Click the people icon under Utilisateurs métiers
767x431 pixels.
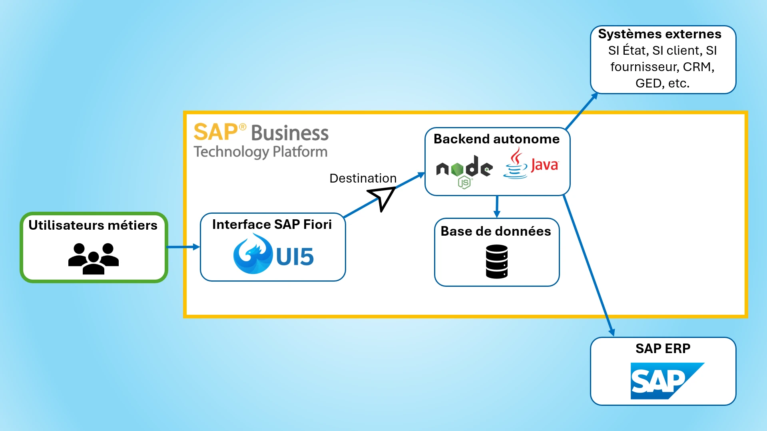coord(94,258)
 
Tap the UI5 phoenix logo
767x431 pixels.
coord(253,254)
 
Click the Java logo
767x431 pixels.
coord(531,164)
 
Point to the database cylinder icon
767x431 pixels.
coord(497,262)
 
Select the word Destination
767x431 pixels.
coord(363,178)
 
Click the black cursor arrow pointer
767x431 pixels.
coord(383,197)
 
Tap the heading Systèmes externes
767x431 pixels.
coord(659,34)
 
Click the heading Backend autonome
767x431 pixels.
coord(496,139)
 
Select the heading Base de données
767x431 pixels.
coord(496,231)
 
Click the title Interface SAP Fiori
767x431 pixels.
coord(272,224)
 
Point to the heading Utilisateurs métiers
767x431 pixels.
coord(93,225)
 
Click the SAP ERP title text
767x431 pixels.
coord(663,348)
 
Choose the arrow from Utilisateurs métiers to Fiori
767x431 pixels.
coord(183,247)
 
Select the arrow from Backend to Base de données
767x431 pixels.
coord(497,207)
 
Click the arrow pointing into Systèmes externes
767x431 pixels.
coord(582,111)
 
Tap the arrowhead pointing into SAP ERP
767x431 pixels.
coord(612,332)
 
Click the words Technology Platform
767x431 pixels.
coord(260,152)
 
